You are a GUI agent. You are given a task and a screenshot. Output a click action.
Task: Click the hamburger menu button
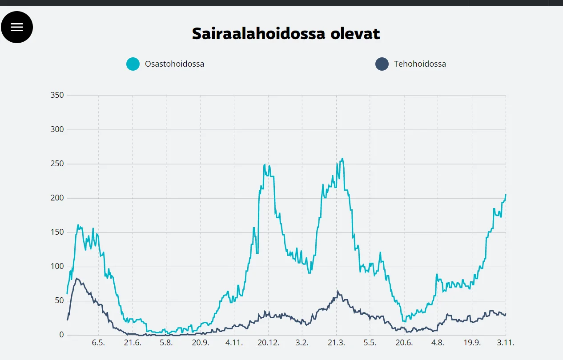(x=17, y=27)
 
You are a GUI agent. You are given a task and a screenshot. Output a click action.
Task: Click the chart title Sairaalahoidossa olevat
(x=286, y=34)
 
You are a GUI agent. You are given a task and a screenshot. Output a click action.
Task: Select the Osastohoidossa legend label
(x=174, y=64)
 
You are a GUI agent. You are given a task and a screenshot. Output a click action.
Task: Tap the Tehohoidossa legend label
(x=420, y=64)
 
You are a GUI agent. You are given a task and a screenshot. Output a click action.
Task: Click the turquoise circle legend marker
(x=133, y=64)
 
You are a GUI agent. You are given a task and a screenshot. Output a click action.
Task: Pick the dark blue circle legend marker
(x=382, y=64)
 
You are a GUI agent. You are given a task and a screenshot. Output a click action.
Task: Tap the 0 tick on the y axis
(x=62, y=335)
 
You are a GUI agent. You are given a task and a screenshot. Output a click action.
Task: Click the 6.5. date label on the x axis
(x=98, y=343)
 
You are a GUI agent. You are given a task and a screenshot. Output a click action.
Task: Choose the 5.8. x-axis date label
(x=166, y=343)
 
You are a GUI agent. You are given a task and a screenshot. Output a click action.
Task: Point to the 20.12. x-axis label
(x=268, y=343)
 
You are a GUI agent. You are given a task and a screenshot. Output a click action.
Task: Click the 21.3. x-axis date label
(x=336, y=343)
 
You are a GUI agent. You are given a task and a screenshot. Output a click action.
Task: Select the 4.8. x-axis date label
(x=438, y=343)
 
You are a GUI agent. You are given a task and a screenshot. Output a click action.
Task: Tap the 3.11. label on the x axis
(x=506, y=343)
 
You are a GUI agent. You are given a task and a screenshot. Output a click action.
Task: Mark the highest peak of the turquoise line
(x=342, y=159)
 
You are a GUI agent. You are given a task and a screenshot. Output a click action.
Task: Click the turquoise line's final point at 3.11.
(x=506, y=195)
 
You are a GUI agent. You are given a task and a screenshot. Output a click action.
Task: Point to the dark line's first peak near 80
(x=77, y=279)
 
